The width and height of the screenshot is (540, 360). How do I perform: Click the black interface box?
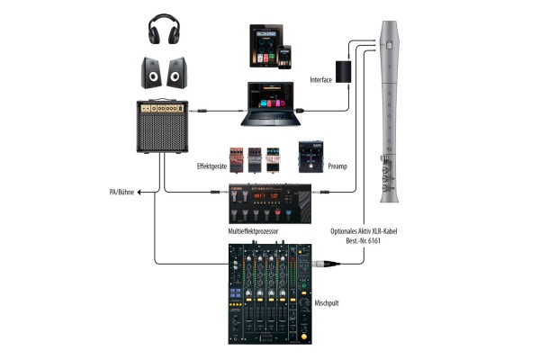pos(344,72)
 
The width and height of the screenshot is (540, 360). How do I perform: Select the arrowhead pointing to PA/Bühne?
pos(140,191)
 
